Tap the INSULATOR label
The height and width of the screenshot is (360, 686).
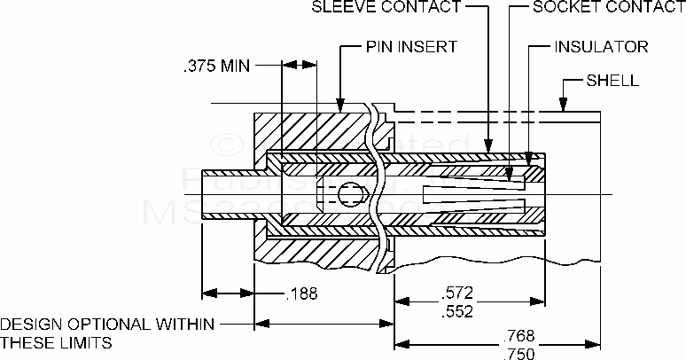pos(601,45)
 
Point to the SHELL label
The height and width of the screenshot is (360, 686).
pos(612,81)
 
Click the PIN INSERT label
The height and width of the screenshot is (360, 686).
pos(411,45)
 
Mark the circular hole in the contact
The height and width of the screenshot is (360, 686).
pos(352,192)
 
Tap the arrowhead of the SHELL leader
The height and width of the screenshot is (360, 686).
pos(564,112)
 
